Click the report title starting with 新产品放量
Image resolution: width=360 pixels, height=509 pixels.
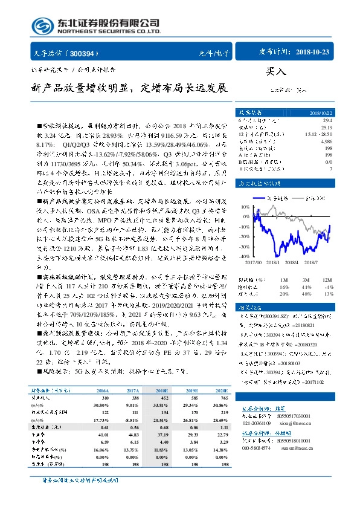coord(129,88)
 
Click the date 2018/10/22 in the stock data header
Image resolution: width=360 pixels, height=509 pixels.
coord(321,113)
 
